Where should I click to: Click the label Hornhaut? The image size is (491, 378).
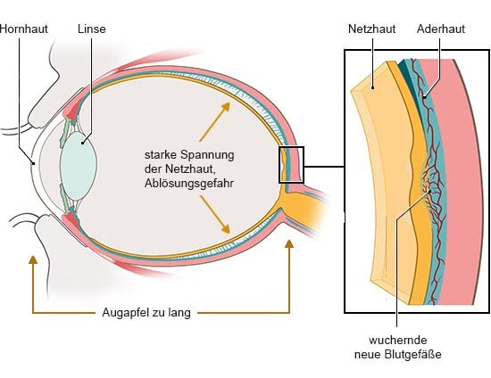[24, 29]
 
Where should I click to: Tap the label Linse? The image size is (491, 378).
[92, 29]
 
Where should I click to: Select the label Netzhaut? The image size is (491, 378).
[371, 29]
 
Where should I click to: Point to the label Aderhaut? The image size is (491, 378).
[441, 29]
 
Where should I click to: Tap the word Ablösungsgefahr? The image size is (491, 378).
[189, 184]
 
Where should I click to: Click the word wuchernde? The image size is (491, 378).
[397, 341]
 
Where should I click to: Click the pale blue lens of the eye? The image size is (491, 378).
[79, 166]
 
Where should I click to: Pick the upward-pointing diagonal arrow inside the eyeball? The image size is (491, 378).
[215, 121]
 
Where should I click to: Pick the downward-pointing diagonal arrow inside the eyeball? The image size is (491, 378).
[215, 215]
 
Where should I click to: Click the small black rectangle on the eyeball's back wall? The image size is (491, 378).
[291, 165]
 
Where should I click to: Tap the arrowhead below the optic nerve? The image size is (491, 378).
[289, 244]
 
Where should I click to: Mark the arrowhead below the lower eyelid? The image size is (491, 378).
[33, 259]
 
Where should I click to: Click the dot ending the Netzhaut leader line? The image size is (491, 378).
[372, 88]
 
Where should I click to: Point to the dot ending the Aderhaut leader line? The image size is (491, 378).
[424, 97]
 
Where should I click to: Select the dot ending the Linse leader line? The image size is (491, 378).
[82, 144]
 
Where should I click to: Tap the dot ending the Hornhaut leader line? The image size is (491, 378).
[34, 163]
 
